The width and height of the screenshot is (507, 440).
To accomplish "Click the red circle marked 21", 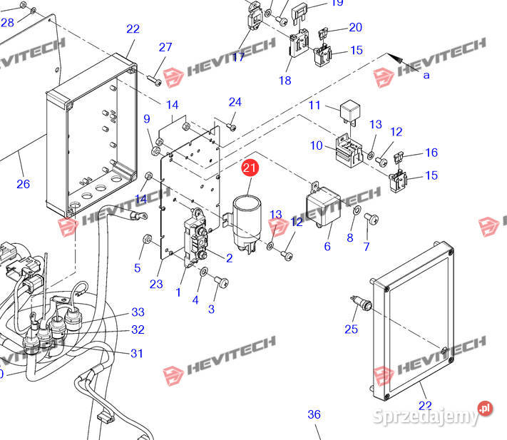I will pos(250,170).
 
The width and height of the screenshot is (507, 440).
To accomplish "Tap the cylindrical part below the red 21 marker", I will pos(246,213).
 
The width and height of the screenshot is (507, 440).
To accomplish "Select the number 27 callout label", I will pos(165,47).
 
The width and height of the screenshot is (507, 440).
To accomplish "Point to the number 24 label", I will pos(235,102).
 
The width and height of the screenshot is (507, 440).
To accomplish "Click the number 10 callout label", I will pos(316,145).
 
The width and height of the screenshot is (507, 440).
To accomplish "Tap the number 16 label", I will pos(431,153).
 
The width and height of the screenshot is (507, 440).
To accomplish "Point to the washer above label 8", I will pos(356,213).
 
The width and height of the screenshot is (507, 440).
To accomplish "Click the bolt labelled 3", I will pos(222,283).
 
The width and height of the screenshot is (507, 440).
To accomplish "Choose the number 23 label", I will pos(157,284).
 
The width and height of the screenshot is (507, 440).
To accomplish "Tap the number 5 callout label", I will pos(138,268).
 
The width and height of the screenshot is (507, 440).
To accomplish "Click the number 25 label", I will pos(351,329).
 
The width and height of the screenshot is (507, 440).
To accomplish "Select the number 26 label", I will pos(24,184).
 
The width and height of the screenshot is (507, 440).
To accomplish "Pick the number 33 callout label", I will pos(138,312).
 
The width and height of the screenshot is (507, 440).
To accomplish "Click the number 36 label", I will pos(314,414).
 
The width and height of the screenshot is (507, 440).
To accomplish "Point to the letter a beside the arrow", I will pos(426,75).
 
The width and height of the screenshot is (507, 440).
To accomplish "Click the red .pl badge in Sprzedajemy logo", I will pos(486,408).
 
